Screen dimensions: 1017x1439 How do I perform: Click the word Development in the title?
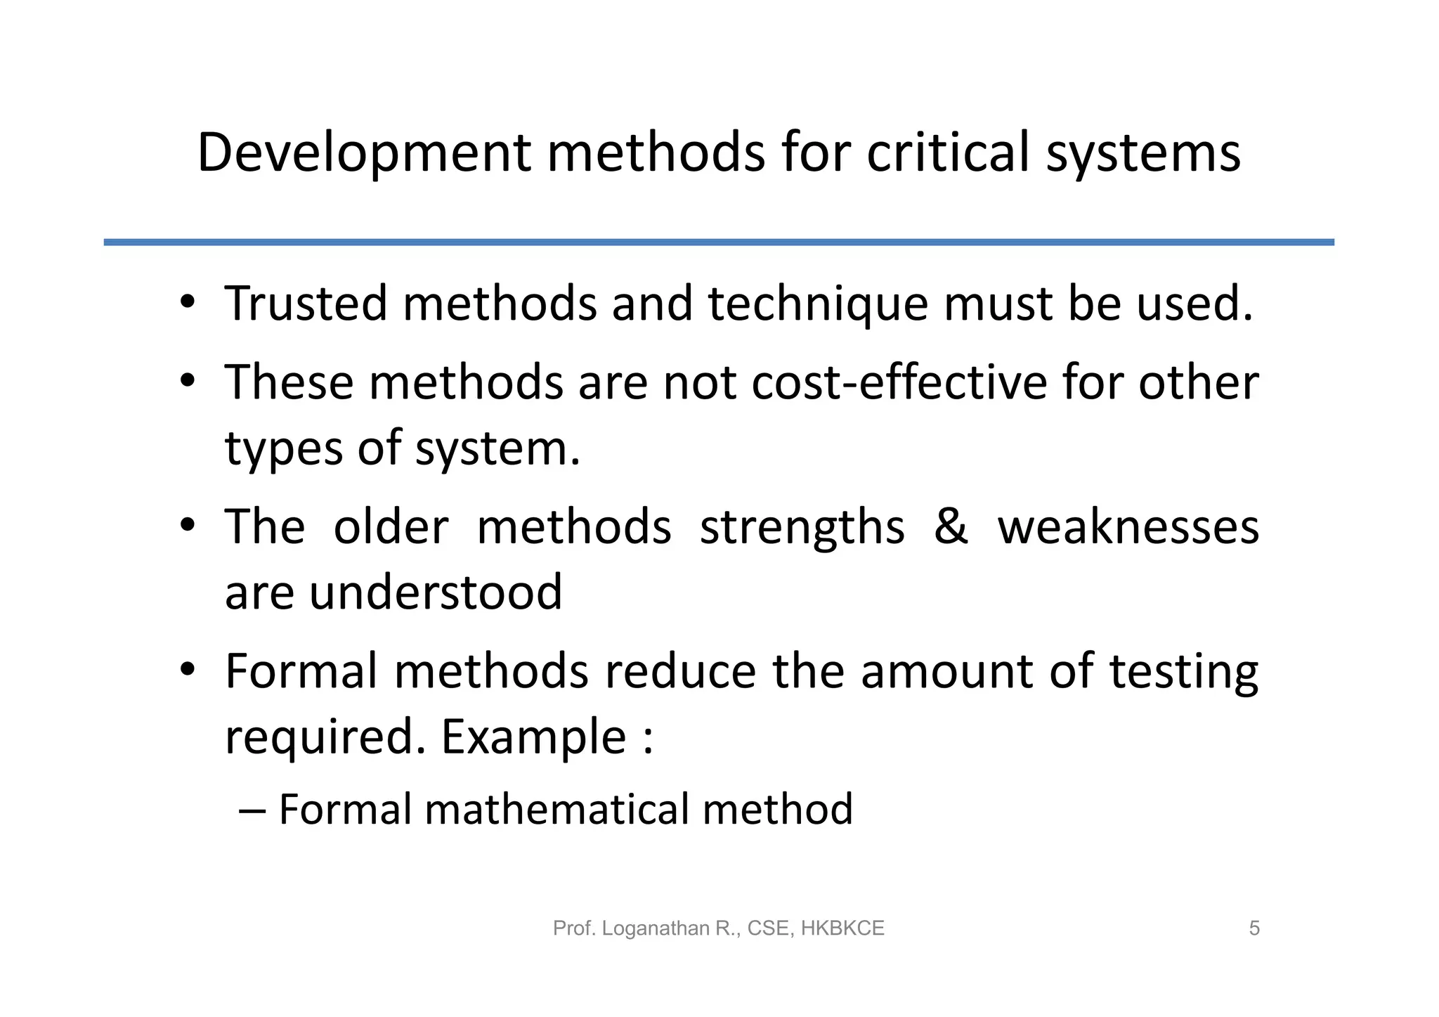click(364, 153)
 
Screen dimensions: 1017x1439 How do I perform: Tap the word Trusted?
click(306, 304)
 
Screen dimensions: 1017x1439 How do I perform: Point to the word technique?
click(818, 305)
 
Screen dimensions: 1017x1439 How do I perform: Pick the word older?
click(391, 526)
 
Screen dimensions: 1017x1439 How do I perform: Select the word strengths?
click(802, 528)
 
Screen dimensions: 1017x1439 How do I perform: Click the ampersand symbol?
click(951, 526)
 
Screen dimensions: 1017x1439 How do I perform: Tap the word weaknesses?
click(1128, 526)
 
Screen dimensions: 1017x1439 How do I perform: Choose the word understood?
click(436, 592)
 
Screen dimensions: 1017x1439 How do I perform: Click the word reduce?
click(680, 671)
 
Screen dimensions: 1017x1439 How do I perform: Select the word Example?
click(533, 737)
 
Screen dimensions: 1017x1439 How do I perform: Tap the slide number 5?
click(1254, 928)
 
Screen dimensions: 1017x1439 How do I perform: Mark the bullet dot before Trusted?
click(186, 304)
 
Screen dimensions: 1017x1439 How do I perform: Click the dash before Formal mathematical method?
click(252, 810)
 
